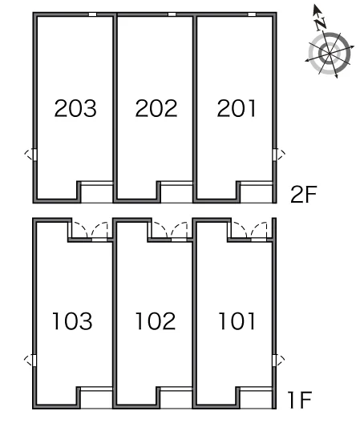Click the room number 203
click(75, 108)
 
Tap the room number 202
click(156, 108)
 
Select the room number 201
click(237, 108)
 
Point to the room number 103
click(72, 320)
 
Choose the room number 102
click(156, 320)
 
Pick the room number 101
click(237, 320)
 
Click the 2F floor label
click(303, 194)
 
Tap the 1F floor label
click(300, 400)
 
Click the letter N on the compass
click(321, 23)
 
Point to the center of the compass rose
click(330, 54)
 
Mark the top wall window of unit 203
click(93, 14)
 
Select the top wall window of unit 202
click(172, 14)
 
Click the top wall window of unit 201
click(252, 14)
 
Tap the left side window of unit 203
click(34, 155)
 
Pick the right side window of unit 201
click(275, 155)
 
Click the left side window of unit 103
click(34, 361)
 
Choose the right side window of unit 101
click(275, 361)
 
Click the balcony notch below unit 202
click(176, 192)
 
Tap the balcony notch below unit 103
click(96, 398)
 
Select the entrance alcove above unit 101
click(250, 230)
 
